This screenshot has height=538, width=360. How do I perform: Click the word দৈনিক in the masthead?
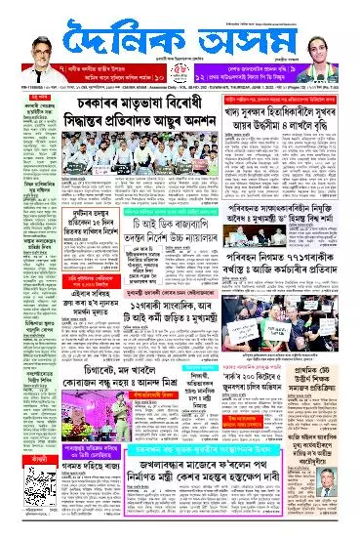[131, 39]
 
